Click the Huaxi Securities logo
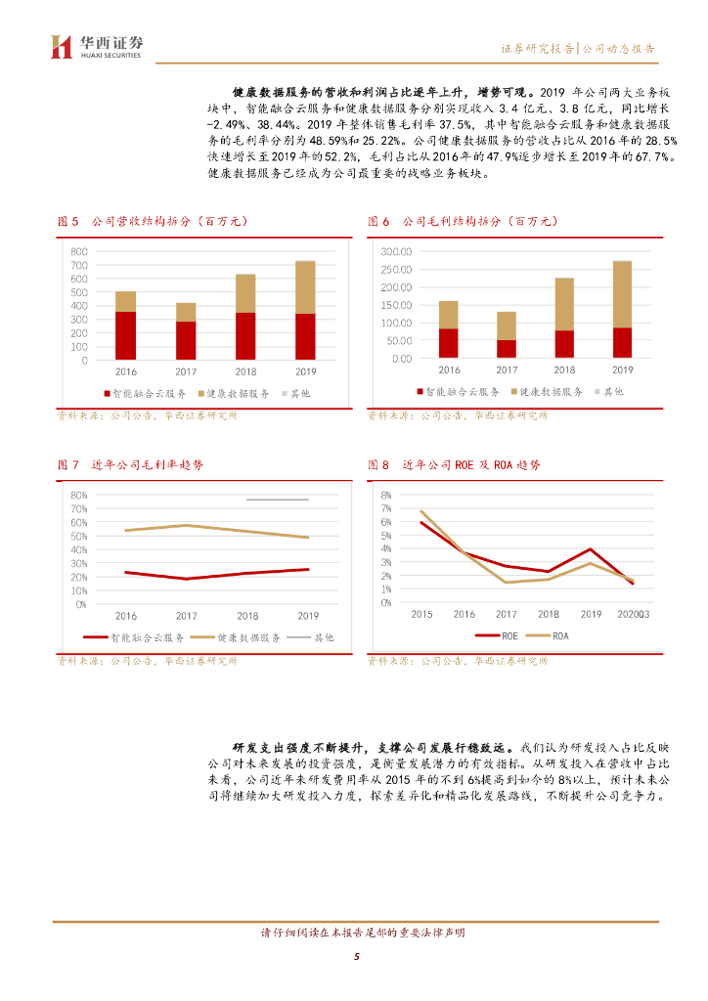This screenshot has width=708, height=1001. pyautogui.click(x=97, y=46)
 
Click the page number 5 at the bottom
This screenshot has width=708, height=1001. pyautogui.click(x=357, y=956)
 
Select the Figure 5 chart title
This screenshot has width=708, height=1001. pyautogui.click(x=153, y=222)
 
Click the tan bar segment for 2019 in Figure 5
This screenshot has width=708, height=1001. pyautogui.click(x=305, y=286)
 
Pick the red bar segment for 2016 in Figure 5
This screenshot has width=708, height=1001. pyautogui.click(x=125, y=335)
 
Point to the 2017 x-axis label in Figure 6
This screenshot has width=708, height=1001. pyautogui.click(x=507, y=370)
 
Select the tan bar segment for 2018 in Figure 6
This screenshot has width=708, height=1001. pyautogui.click(x=564, y=304)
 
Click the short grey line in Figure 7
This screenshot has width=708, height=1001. pyautogui.click(x=277, y=500)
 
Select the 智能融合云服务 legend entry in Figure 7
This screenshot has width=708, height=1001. pyautogui.click(x=141, y=636)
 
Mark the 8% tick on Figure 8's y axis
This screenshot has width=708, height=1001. pyautogui.click(x=386, y=495)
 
